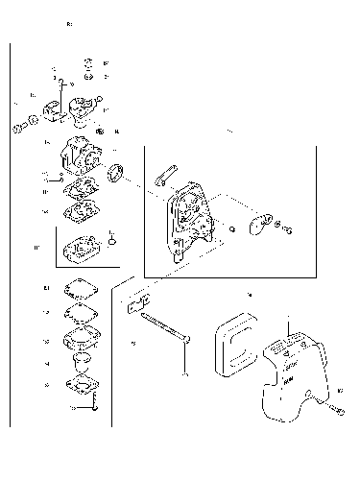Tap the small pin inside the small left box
point(111,237)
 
